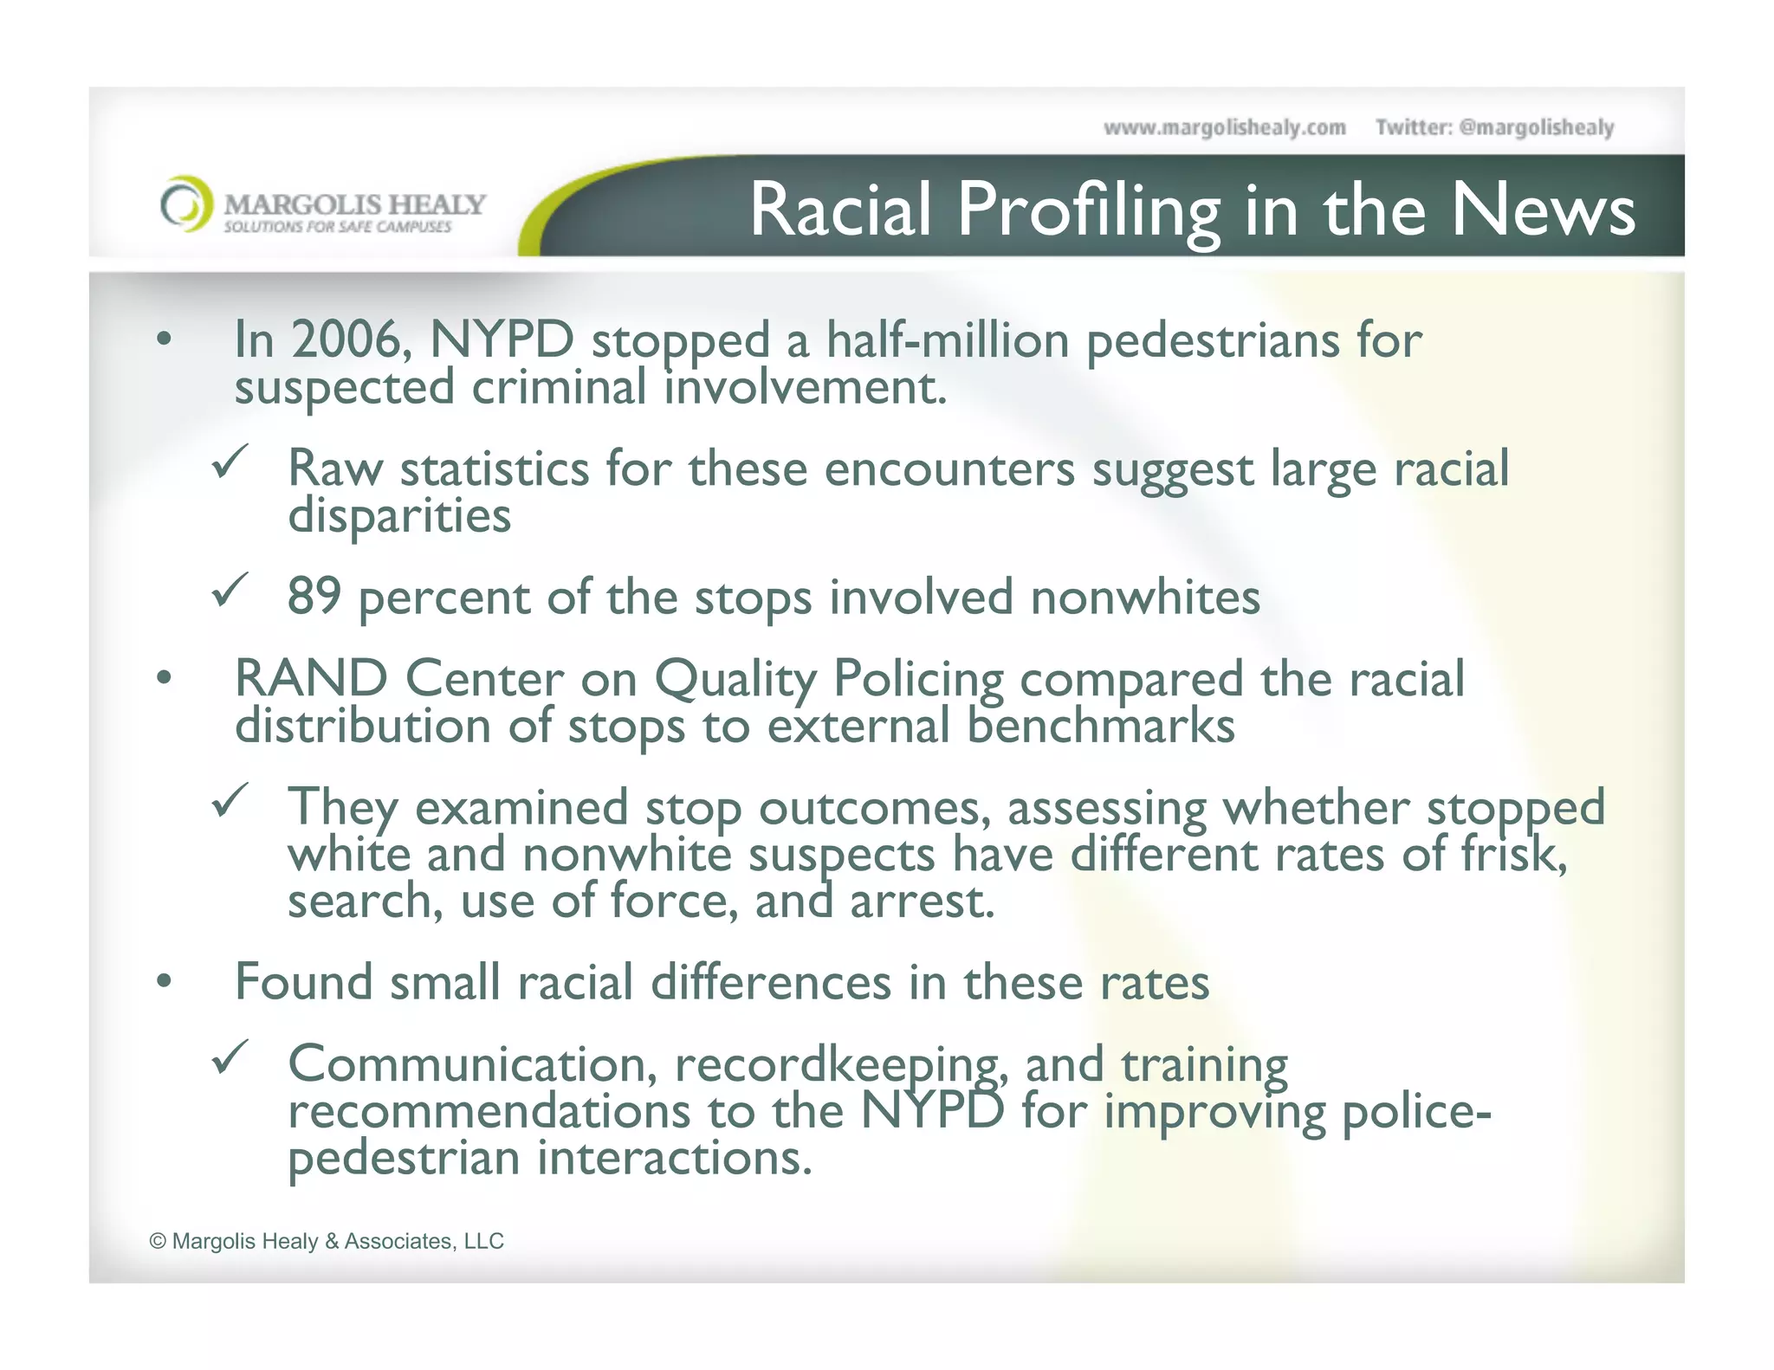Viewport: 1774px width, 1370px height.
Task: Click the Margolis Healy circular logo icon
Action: tap(185, 204)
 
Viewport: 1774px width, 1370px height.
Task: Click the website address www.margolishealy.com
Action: tap(1224, 128)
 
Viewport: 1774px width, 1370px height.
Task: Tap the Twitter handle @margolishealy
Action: tap(1536, 128)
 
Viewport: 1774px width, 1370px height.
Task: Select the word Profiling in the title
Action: tap(1088, 211)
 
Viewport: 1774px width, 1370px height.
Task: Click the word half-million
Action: tap(948, 339)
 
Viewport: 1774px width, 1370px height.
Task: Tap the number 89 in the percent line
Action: tap(314, 597)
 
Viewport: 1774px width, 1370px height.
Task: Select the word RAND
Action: tap(311, 678)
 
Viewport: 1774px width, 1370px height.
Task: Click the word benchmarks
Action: tap(1100, 726)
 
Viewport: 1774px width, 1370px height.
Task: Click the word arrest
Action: tap(921, 901)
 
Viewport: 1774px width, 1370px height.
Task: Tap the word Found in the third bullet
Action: tap(304, 983)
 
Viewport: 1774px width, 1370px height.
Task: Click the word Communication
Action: tap(472, 1064)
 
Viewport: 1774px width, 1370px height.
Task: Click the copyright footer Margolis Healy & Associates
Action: tap(327, 1241)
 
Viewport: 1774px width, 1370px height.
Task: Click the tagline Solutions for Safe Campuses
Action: tap(338, 227)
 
